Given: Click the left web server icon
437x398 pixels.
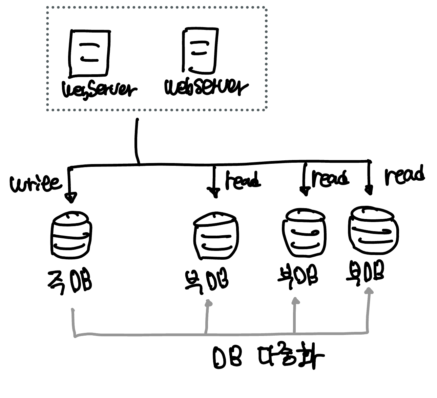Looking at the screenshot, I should click(89, 53).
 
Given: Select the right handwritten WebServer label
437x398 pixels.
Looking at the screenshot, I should click(206, 87).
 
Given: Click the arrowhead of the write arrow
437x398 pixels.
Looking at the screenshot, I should click(71, 197).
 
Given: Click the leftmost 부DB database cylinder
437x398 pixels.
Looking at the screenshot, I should click(216, 236).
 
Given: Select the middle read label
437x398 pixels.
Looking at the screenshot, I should click(330, 178).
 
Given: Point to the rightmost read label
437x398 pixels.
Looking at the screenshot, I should click(404, 176).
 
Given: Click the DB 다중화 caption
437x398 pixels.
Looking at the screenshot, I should click(268, 358).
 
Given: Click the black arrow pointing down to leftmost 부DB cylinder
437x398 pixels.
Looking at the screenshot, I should click(214, 183).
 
